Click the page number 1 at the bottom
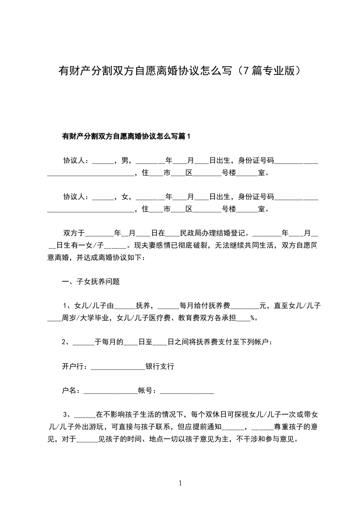tap(180, 483)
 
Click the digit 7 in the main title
tap(247, 71)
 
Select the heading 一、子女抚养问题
tap(91, 281)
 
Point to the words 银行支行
tap(159, 366)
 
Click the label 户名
tap(69, 390)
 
